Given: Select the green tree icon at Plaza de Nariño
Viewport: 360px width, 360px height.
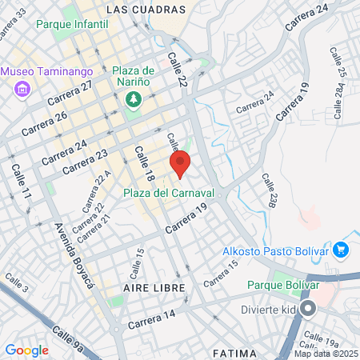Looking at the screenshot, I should pos(133,98).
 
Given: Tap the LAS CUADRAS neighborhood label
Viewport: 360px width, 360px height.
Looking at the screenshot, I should pos(145,10).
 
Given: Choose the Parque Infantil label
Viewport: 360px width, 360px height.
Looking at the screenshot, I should pos(72,25).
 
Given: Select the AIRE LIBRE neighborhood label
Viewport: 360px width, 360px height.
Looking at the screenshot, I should pos(154,287).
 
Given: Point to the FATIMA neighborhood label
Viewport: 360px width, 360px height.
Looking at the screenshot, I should pos(235,353).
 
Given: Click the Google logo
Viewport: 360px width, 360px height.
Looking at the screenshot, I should pos(27,350).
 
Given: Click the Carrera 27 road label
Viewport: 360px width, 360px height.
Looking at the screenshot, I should pos(70,94).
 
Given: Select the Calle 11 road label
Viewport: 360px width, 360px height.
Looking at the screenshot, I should pos(20,182).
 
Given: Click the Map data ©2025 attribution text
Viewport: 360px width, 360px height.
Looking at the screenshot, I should pos(326,354).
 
